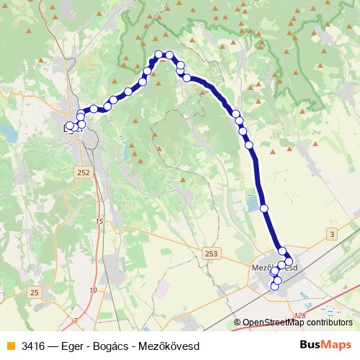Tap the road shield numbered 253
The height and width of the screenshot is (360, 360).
pyautogui.click(x=211, y=253)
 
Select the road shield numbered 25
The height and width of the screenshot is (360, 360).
pyautogui.click(x=35, y=292)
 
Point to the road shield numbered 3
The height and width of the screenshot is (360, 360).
pyautogui.click(x=331, y=234)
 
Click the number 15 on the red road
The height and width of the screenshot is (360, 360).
pyautogui.click(x=99, y=221)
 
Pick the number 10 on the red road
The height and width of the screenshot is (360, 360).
pyautogui.click(x=94, y=289)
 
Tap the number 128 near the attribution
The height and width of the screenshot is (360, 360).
pyautogui.click(x=300, y=315)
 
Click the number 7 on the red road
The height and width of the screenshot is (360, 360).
pyautogui.click(x=74, y=319)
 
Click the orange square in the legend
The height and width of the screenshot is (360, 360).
pyautogui.click(x=10, y=346)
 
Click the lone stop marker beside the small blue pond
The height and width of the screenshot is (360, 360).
pyautogui.click(x=264, y=208)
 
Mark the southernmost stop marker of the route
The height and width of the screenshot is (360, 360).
pyautogui.click(x=274, y=287)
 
